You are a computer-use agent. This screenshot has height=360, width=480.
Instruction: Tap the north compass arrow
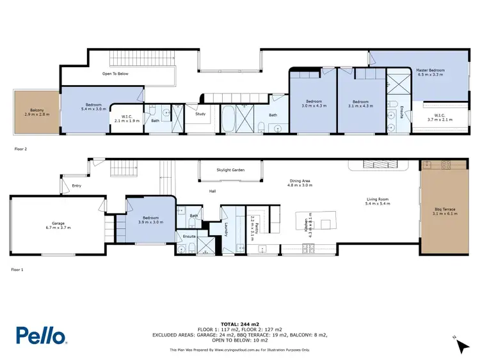click(460, 345)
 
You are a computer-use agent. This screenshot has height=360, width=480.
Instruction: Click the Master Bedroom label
click(430, 72)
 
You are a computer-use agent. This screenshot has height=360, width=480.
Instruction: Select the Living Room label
click(377, 201)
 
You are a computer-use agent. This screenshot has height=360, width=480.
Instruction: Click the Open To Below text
click(116, 74)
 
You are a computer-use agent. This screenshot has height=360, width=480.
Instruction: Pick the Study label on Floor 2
click(200, 114)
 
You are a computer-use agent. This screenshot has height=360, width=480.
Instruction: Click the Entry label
click(77, 186)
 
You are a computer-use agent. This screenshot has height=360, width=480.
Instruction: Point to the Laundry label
click(228, 228)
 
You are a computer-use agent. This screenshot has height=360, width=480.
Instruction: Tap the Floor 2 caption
click(21, 148)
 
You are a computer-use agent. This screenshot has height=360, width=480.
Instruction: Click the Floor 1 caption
click(17, 269)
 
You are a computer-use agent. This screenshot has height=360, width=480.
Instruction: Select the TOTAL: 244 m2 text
click(239, 324)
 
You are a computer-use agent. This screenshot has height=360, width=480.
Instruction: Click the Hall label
click(212, 191)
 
